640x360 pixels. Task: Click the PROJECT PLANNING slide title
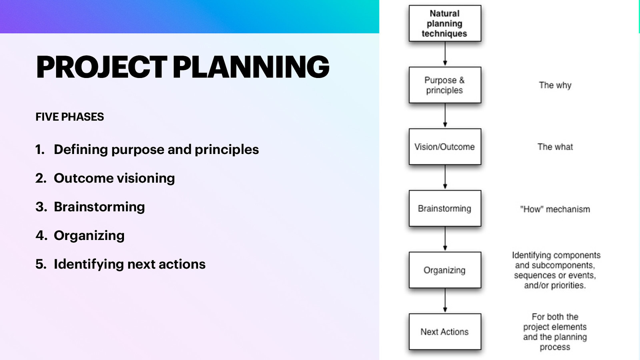coord(182,67)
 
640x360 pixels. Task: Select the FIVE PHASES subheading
coord(70,117)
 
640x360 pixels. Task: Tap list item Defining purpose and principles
coord(156,150)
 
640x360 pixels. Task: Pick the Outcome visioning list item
coord(114,178)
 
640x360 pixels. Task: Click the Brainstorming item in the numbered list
coord(99,207)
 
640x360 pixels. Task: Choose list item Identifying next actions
coord(130,264)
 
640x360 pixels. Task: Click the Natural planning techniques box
coord(444,24)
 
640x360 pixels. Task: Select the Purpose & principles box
coord(444,85)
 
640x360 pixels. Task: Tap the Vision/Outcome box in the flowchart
coord(444,147)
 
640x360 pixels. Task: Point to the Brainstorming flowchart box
coord(444,208)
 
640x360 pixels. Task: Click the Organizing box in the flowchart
coord(444,270)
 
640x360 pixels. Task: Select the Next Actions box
coord(444,332)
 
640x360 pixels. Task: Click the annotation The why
coord(555,85)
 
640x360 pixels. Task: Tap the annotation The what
coord(555,147)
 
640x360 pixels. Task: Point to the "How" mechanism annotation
coord(555,209)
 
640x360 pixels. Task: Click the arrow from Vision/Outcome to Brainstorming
coord(445,177)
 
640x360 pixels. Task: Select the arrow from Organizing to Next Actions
coord(445,300)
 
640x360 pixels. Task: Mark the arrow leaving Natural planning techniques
coord(445,54)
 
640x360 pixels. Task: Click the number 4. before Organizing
coord(41,236)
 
